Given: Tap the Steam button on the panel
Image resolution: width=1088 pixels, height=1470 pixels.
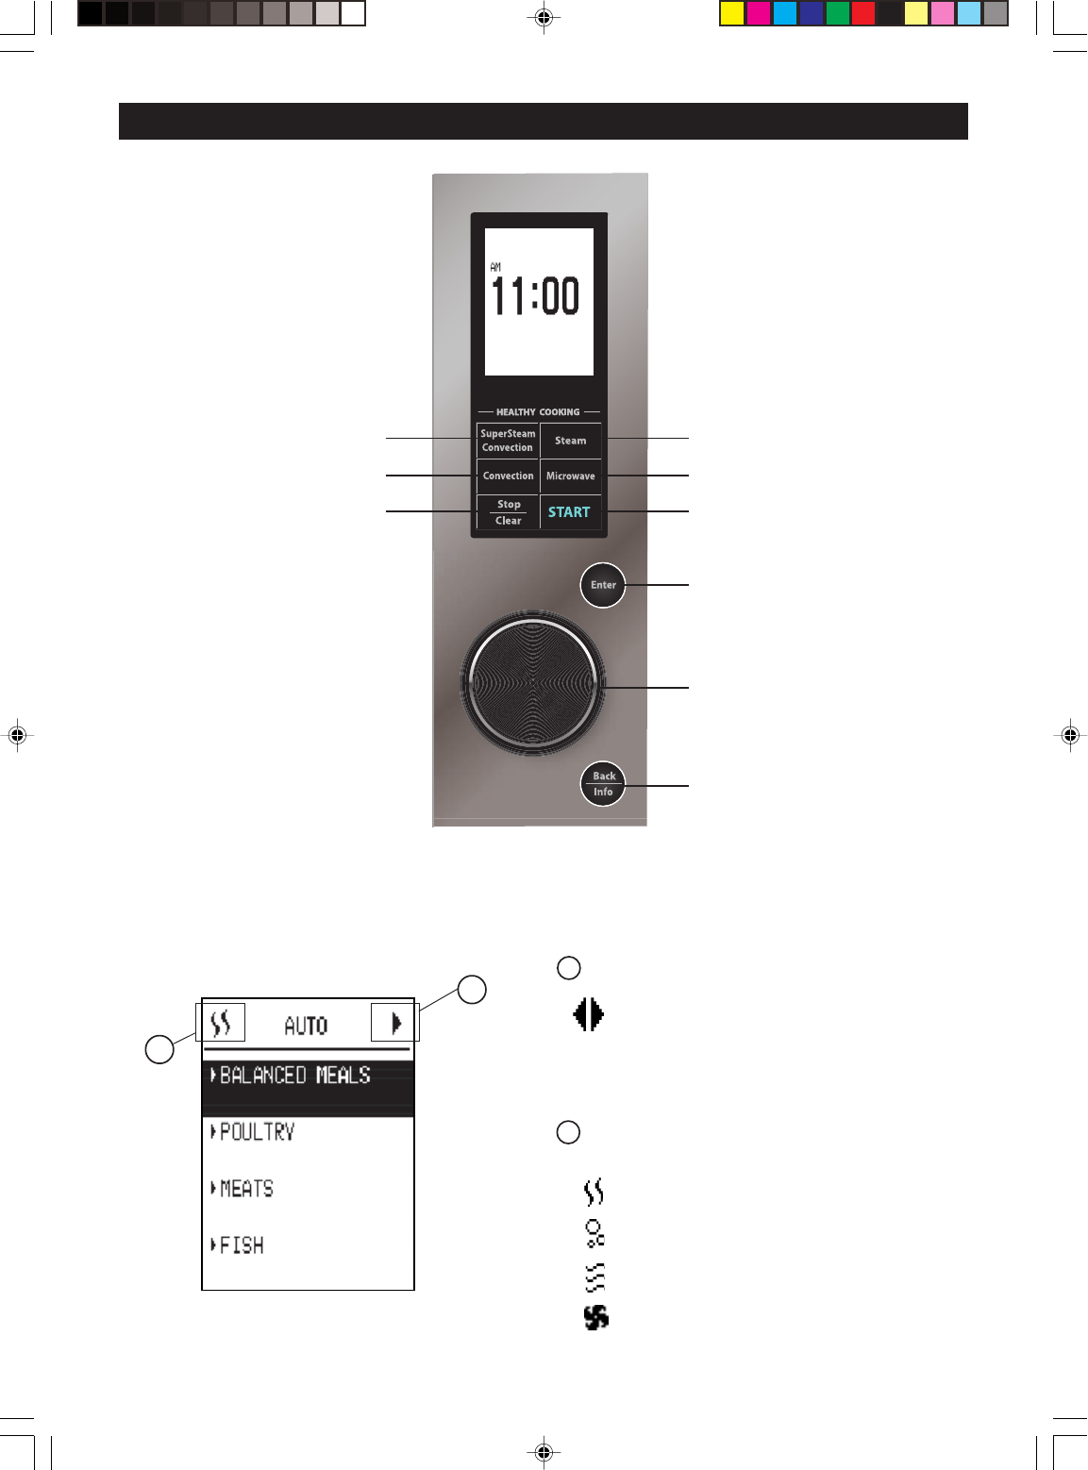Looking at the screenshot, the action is (x=570, y=441).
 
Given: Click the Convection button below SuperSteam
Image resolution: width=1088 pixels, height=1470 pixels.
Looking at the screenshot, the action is (x=508, y=476).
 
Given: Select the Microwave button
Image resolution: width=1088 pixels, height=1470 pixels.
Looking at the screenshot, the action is (x=570, y=476).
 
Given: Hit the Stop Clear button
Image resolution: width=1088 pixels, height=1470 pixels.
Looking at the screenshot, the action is (x=508, y=512).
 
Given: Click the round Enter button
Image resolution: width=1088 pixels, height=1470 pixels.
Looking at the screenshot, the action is (x=603, y=585).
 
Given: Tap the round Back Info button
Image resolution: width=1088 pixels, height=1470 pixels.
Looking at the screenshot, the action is (x=603, y=784).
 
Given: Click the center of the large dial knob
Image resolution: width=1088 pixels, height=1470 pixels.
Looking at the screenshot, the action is (x=533, y=682).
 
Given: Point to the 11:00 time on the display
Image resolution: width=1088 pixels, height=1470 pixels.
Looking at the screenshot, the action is (x=535, y=296).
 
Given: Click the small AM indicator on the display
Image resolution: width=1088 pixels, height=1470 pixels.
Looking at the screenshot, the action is (x=495, y=268).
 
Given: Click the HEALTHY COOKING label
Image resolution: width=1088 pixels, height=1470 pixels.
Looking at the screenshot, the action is (x=538, y=412).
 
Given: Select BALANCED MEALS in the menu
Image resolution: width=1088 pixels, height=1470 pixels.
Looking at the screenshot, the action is (x=294, y=1076).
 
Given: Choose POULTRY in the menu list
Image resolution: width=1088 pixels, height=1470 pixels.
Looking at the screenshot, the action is (x=257, y=1132).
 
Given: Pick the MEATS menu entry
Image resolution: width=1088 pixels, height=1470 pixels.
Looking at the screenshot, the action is (x=246, y=1189).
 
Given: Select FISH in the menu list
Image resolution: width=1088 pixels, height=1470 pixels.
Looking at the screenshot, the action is (x=242, y=1245).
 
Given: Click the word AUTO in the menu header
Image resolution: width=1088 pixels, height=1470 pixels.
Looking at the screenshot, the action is (x=306, y=1026).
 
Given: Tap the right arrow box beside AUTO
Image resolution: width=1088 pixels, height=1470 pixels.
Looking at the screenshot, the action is (x=395, y=1023).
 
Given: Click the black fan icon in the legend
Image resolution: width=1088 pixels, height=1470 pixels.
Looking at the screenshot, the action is (x=595, y=1317).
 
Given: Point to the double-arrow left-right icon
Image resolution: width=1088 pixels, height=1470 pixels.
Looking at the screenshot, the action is (x=589, y=1015).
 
